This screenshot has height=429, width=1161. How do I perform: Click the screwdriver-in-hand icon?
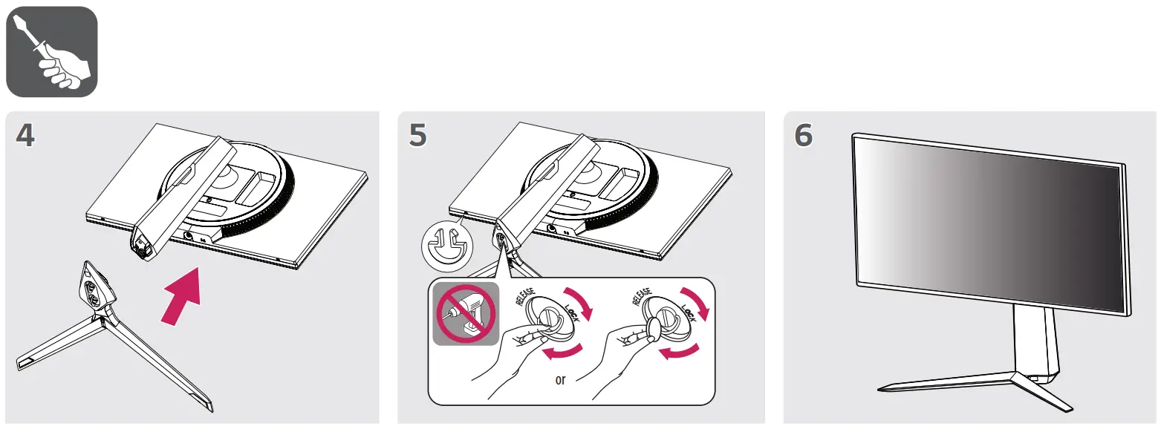tap(51, 51)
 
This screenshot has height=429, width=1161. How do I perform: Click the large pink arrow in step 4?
tap(181, 296)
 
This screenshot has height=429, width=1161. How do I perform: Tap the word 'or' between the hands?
tap(560, 380)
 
